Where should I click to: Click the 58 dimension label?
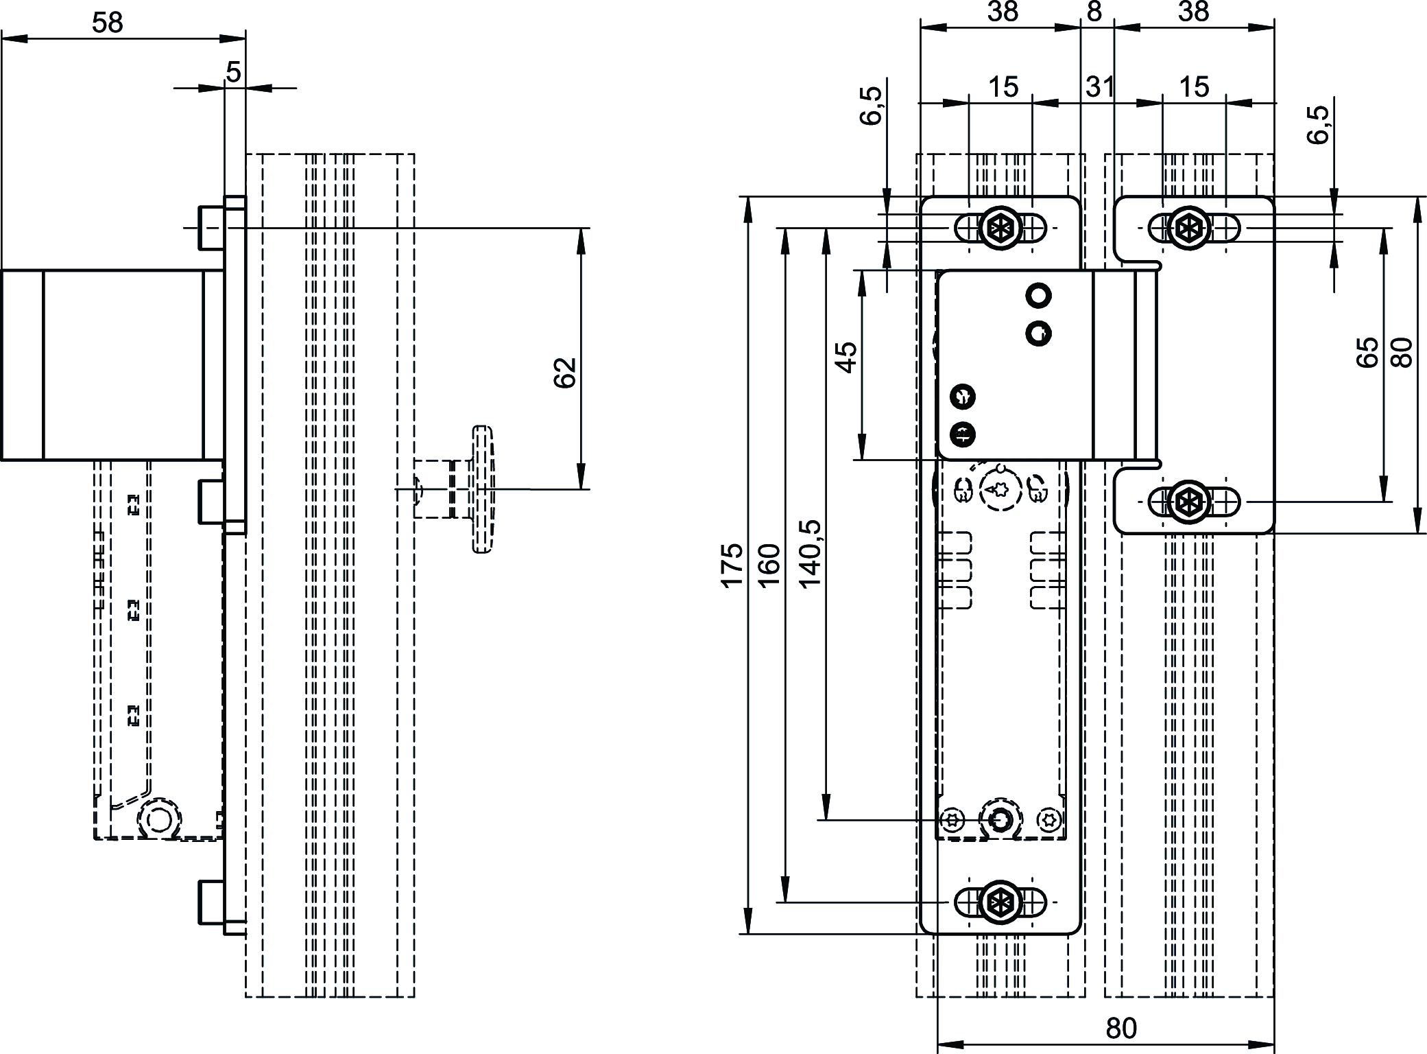click(108, 23)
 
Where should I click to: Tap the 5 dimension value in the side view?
click(233, 72)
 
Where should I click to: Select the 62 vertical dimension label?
click(565, 373)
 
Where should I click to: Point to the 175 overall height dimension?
click(732, 564)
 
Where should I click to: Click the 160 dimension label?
click(770, 564)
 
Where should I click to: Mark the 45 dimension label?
click(848, 357)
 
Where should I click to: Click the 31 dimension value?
click(1099, 87)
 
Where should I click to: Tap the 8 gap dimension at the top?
click(1095, 12)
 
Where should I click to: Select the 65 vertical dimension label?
click(1367, 352)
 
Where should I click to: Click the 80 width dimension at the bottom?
click(1122, 1028)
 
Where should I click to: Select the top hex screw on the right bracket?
click(1188, 227)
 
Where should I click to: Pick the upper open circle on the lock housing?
click(1038, 296)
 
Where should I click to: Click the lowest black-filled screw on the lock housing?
click(963, 434)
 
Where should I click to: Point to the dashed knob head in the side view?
click(483, 489)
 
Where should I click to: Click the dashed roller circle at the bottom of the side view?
click(160, 819)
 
